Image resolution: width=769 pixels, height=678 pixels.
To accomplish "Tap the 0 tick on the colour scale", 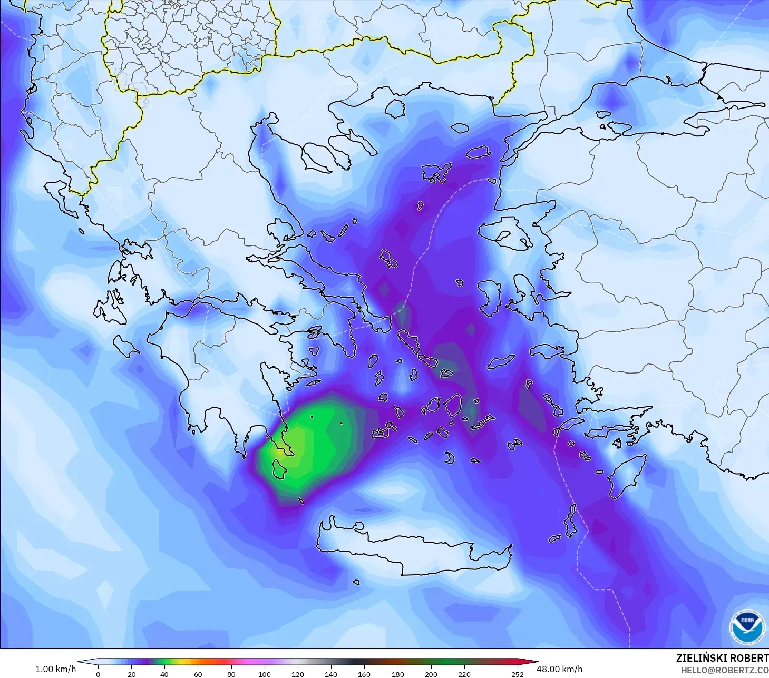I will click(x=98, y=674).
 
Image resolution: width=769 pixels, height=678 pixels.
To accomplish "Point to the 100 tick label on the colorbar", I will click(x=265, y=674).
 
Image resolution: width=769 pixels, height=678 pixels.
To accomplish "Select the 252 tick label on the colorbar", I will click(x=517, y=674).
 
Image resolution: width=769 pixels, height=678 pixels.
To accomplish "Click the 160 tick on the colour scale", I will click(x=364, y=674).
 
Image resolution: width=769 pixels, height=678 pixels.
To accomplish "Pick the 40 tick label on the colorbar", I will click(x=164, y=674).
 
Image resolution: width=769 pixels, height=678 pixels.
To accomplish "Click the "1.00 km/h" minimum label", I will click(x=55, y=669).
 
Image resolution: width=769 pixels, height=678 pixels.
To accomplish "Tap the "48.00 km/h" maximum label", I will click(x=559, y=669).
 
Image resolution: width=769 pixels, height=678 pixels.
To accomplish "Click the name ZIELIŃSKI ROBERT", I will click(x=722, y=658).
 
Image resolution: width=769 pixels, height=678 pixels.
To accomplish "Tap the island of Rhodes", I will click(x=627, y=477).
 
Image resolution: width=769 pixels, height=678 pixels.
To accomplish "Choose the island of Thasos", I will click(x=395, y=109).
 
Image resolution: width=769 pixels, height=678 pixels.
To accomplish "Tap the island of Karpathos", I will click(x=570, y=520).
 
